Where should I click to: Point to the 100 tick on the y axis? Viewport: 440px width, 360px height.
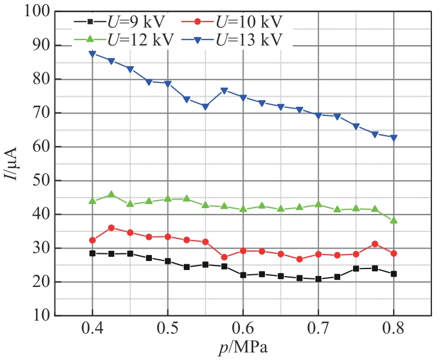(37, 12)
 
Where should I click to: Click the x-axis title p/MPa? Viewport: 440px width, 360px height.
(243, 350)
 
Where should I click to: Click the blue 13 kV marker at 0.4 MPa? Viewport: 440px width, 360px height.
(92, 54)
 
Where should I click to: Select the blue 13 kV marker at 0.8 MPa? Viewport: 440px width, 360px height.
(394, 138)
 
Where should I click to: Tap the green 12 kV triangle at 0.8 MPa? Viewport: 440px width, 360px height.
(394, 220)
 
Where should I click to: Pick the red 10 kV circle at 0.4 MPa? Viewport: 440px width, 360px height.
(92, 240)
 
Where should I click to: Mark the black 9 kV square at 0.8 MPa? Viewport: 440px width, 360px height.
(394, 274)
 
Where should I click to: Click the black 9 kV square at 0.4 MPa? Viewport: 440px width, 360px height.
(92, 253)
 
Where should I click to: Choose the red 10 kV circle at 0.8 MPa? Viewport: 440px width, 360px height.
(394, 253)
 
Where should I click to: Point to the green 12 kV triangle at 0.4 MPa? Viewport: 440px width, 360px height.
(92, 201)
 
